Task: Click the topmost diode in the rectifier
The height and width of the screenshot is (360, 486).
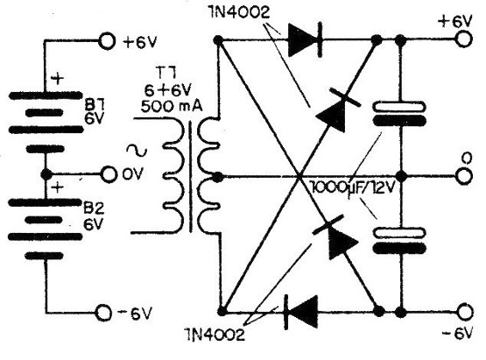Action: [303, 39]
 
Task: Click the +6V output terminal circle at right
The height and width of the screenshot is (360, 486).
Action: [462, 40]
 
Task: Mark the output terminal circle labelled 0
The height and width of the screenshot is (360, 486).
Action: [462, 174]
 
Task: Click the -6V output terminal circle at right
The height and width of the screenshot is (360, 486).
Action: [462, 311]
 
